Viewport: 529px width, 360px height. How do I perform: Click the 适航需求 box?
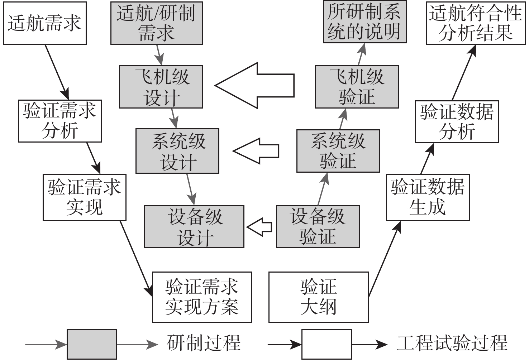pos(44,23)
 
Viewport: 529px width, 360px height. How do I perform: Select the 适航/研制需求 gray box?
pos(156,23)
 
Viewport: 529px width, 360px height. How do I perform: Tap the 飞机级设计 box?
pos(161,87)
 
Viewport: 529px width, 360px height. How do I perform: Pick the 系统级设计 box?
pos(177,151)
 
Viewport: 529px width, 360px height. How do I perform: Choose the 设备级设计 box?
pos(194,226)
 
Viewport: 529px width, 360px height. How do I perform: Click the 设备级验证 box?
pos(318,226)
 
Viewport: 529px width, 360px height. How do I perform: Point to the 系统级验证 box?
pos(338,151)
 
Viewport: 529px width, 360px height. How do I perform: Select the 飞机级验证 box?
pos(357,87)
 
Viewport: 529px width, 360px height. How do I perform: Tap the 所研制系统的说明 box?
pos(364,22)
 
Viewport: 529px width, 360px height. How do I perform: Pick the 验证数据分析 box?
pos(457,122)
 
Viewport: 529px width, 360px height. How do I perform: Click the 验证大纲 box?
pos(318,297)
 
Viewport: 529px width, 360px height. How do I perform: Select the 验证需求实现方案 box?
pos(202,297)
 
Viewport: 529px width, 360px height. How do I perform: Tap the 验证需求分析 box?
pos(60,121)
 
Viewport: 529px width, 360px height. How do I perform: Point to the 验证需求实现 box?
pos(84,197)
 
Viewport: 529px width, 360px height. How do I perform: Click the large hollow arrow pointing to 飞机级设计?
pos(254,86)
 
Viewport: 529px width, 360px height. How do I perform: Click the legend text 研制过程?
pos(204,343)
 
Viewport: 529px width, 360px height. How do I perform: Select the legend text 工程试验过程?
pos(452,343)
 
